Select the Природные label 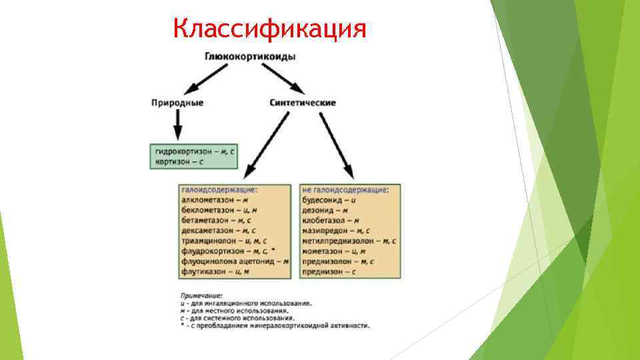point(177,103)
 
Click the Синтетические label point(303,103)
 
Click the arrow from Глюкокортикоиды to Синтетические point(285,80)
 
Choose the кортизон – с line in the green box point(179,161)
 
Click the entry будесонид point(323,199)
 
